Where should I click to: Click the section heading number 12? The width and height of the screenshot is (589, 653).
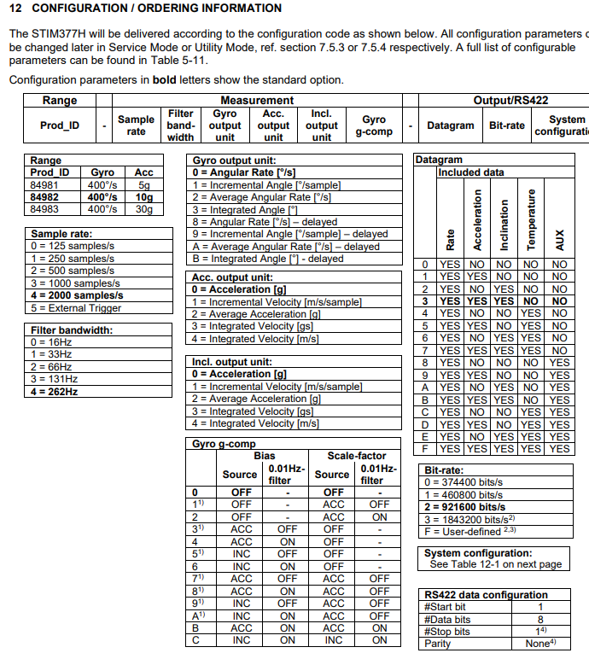click(x=15, y=8)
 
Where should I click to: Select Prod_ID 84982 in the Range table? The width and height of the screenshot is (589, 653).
click(x=44, y=195)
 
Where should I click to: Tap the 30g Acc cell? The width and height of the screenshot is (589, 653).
click(x=144, y=208)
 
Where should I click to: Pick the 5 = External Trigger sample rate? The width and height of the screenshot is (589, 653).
click(x=77, y=307)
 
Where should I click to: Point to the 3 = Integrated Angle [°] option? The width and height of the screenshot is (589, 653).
click(x=244, y=209)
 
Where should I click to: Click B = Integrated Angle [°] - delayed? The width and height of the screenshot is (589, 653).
click(x=267, y=258)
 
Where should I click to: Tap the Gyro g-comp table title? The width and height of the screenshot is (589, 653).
click(x=223, y=443)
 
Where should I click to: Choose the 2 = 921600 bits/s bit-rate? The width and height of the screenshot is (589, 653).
click(x=464, y=506)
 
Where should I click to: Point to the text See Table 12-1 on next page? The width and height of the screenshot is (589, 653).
click(x=496, y=564)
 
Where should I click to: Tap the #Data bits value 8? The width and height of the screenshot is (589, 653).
click(x=540, y=619)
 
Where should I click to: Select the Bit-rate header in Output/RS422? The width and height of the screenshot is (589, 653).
click(x=507, y=125)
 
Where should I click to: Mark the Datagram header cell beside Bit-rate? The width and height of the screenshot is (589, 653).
click(x=450, y=125)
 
